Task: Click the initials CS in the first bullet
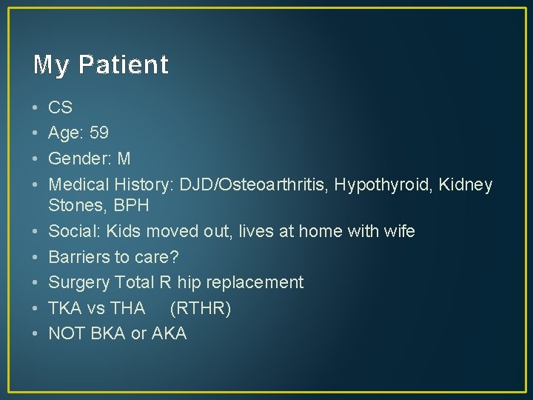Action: pyautogui.click(x=60, y=107)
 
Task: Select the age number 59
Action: pyautogui.click(x=98, y=133)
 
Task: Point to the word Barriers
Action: pyautogui.click(x=77, y=257)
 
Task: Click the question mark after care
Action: pyautogui.click(x=175, y=257)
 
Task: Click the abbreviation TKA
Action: pyautogui.click(x=64, y=308)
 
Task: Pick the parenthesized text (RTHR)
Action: pyautogui.click(x=201, y=308)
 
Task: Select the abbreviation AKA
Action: pyautogui.click(x=169, y=333)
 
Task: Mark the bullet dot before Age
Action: pyautogui.click(x=36, y=133)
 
